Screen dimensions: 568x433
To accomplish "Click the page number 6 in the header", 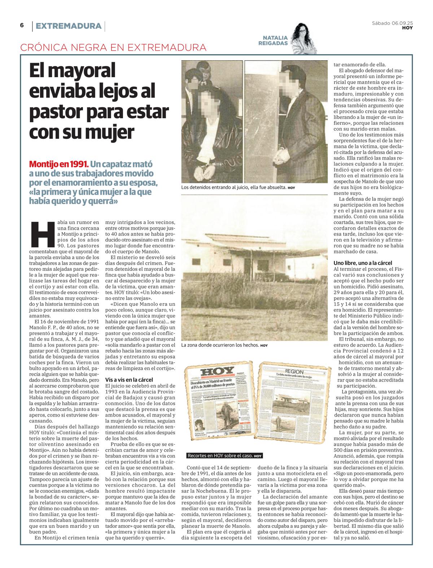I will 22,25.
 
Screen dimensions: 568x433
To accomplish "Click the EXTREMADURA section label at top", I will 69,26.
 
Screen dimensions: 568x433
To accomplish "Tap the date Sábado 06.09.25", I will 393,23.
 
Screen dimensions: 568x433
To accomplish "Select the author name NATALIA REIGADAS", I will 275,40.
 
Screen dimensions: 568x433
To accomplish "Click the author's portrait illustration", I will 305,38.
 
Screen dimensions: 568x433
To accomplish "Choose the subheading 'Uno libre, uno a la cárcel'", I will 363,263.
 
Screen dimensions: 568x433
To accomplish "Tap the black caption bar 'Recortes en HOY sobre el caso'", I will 224,456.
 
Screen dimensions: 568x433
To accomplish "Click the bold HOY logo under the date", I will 407,28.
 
